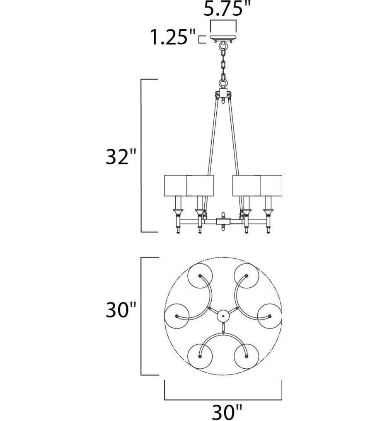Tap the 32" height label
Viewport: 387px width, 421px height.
120,158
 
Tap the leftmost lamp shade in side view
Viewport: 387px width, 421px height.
175,185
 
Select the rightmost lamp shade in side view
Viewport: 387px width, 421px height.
271,185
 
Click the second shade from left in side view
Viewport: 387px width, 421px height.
200,185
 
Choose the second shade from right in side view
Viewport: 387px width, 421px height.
246,185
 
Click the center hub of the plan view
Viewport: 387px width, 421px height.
223,316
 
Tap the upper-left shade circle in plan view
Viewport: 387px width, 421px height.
200,276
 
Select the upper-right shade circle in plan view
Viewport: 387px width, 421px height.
247,276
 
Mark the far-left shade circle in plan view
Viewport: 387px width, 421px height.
177,316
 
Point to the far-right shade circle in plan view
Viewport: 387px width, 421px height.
270,316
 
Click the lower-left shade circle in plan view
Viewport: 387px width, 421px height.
200,356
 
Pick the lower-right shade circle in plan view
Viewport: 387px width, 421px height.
247,356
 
